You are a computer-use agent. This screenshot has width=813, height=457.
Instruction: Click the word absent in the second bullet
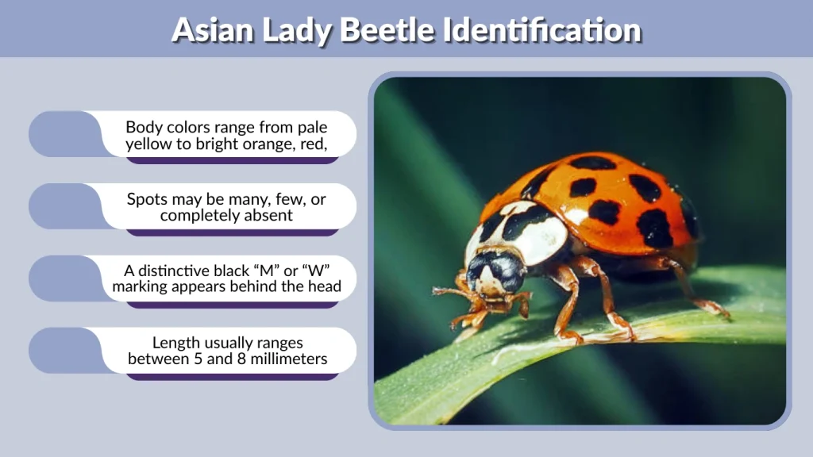pos(268,216)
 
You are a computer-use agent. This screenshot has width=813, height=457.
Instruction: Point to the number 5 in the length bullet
pos(223,359)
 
